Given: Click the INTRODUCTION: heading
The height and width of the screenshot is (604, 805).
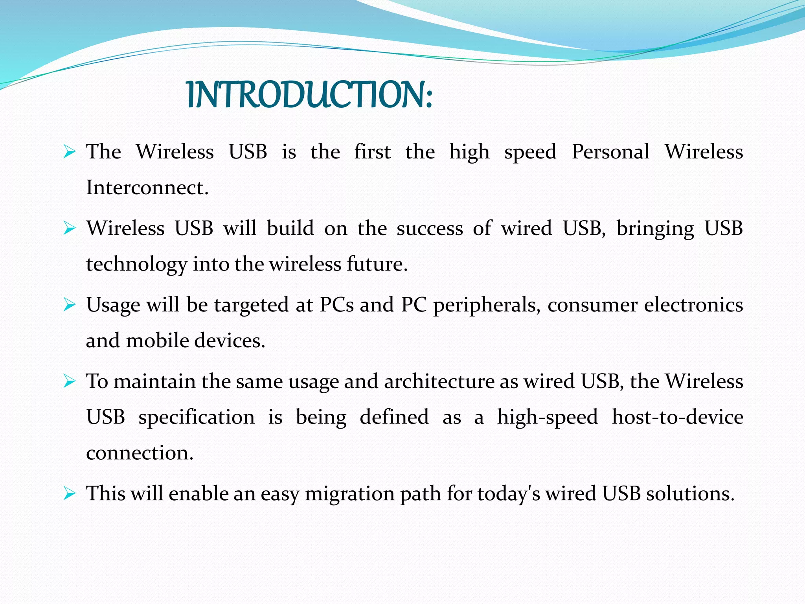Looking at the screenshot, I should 309,95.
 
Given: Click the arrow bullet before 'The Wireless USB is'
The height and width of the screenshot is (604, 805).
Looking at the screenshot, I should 69,151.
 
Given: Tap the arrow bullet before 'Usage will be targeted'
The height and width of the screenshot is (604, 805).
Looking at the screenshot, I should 69,305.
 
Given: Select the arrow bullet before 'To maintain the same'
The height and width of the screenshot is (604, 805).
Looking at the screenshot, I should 69,381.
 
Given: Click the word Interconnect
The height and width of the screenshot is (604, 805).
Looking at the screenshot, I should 147,187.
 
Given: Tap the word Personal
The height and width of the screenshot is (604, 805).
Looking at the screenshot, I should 610,151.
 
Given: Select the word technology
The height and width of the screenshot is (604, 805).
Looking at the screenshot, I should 136,264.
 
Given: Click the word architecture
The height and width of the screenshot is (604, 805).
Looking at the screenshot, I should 439,381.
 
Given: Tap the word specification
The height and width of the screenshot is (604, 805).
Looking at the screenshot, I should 196,417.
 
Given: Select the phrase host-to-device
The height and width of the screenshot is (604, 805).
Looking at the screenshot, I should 677,417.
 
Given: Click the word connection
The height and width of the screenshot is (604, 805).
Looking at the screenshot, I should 140,453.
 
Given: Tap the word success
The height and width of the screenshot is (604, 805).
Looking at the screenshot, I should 430,228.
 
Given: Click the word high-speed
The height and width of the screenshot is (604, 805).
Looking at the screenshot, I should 547,417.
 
